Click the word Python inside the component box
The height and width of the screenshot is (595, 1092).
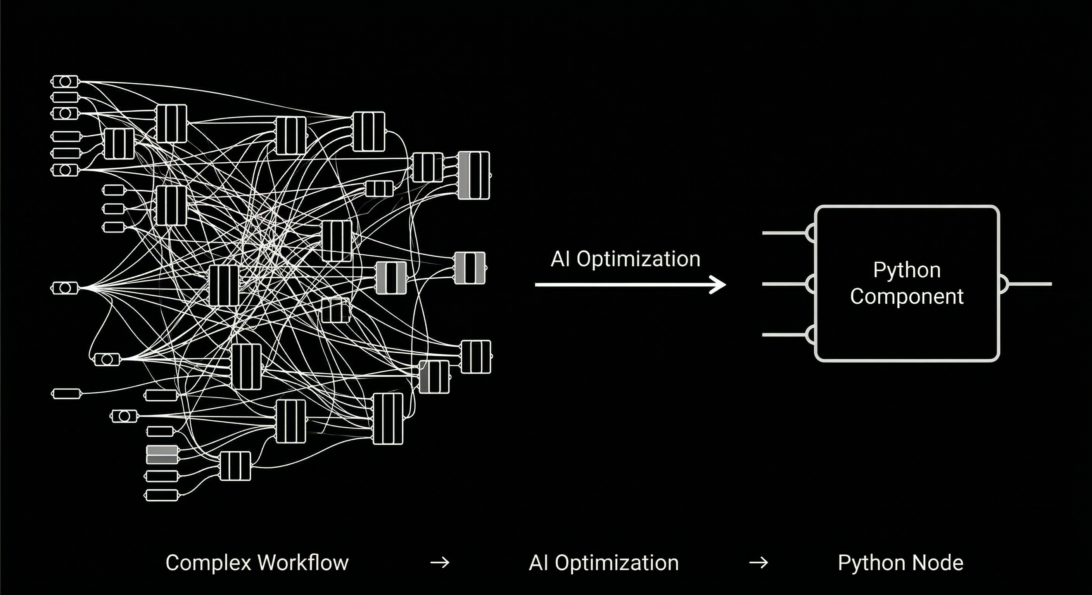(x=907, y=270)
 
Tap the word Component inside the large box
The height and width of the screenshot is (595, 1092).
(x=907, y=296)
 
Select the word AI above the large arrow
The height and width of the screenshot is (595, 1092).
(x=560, y=259)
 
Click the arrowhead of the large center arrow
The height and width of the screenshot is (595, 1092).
(x=719, y=285)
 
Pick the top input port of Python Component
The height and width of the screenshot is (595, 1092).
(x=810, y=233)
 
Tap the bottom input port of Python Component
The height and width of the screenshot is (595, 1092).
(x=810, y=335)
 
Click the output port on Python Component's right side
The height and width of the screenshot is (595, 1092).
(x=1004, y=284)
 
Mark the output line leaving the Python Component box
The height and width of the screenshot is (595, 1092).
(x=1030, y=284)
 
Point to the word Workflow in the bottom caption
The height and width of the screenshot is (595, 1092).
(x=303, y=563)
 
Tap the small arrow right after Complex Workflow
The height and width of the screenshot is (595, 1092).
(x=440, y=563)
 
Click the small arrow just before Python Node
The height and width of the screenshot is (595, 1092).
(x=759, y=563)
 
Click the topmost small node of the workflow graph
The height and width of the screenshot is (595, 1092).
(x=65, y=81)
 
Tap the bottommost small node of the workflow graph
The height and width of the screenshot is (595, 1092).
(x=161, y=495)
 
